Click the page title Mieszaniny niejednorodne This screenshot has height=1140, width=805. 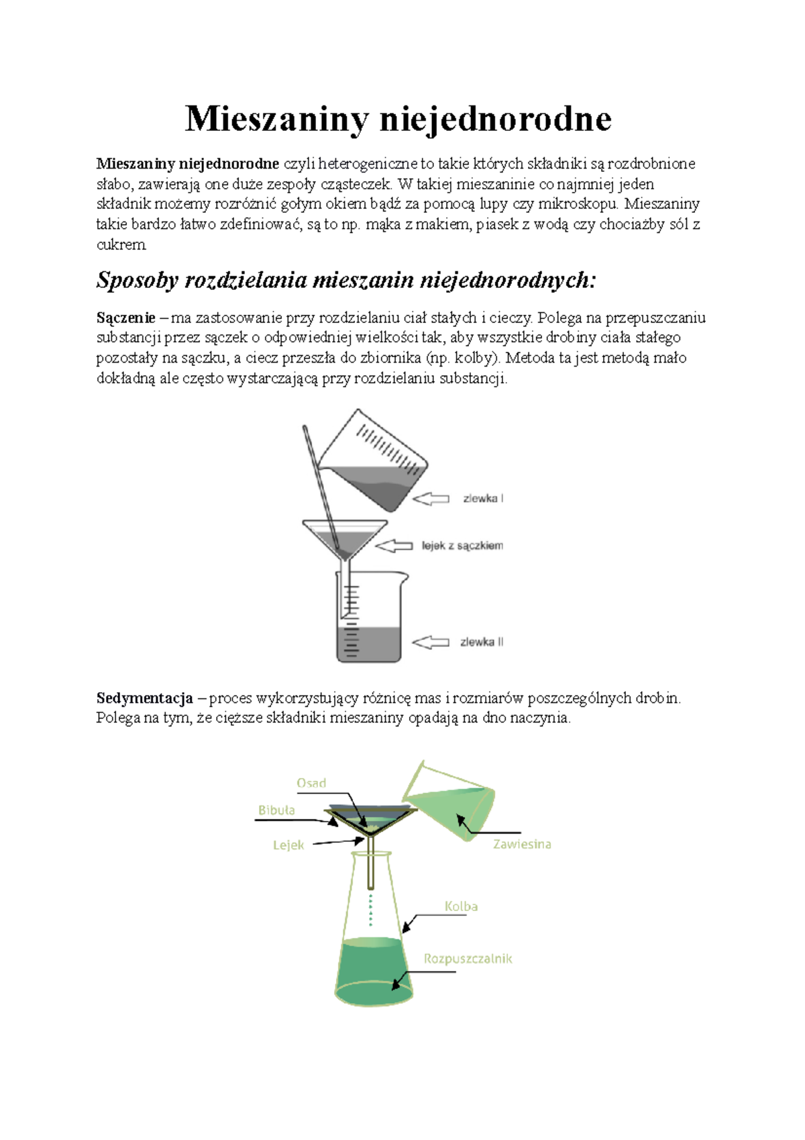[x=398, y=120]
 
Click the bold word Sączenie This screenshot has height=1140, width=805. [x=125, y=319]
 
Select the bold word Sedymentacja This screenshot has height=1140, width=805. [x=144, y=698]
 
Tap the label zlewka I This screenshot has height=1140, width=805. [x=483, y=498]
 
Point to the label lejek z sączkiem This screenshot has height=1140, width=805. [x=462, y=546]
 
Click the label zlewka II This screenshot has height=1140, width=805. [x=482, y=642]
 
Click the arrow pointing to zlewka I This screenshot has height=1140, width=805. [x=431, y=499]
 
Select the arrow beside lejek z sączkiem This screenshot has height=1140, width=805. [x=394, y=546]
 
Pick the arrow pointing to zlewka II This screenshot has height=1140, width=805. [x=431, y=643]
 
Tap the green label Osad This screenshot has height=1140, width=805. [x=311, y=783]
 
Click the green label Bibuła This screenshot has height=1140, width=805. [x=276, y=810]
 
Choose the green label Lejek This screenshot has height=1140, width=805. [x=288, y=845]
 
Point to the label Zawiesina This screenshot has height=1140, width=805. [x=522, y=845]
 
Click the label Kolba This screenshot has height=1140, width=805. [x=461, y=906]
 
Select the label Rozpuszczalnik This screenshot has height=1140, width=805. [x=468, y=959]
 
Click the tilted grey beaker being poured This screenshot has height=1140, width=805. [x=373, y=461]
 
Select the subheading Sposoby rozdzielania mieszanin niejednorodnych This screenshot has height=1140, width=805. [x=345, y=280]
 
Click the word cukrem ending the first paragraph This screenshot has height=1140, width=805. [x=121, y=245]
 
